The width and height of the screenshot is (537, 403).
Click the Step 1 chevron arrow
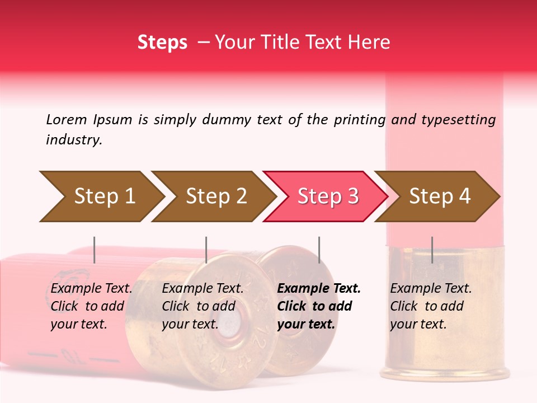(101, 196)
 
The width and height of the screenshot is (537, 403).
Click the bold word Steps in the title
(162, 42)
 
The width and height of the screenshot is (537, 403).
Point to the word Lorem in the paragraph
(66, 119)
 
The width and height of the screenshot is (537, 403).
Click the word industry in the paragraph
(73, 140)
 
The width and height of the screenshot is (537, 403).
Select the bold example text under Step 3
(319, 306)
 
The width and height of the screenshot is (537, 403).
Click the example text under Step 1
(91, 306)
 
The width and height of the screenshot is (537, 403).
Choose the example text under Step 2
(202, 306)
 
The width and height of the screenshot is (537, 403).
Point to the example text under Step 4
(431, 306)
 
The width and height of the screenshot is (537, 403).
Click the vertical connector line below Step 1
(95, 250)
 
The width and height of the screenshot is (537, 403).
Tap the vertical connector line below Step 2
(206, 250)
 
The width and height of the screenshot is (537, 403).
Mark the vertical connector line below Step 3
(319, 250)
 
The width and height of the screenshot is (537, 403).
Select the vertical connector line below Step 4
(432, 250)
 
